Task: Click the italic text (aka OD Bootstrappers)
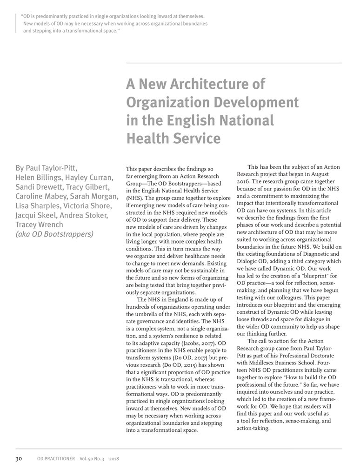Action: [x=54, y=234]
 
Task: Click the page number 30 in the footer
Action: [x=20, y=458]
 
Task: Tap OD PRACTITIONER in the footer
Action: [x=55, y=459]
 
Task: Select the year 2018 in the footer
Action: [x=114, y=459]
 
